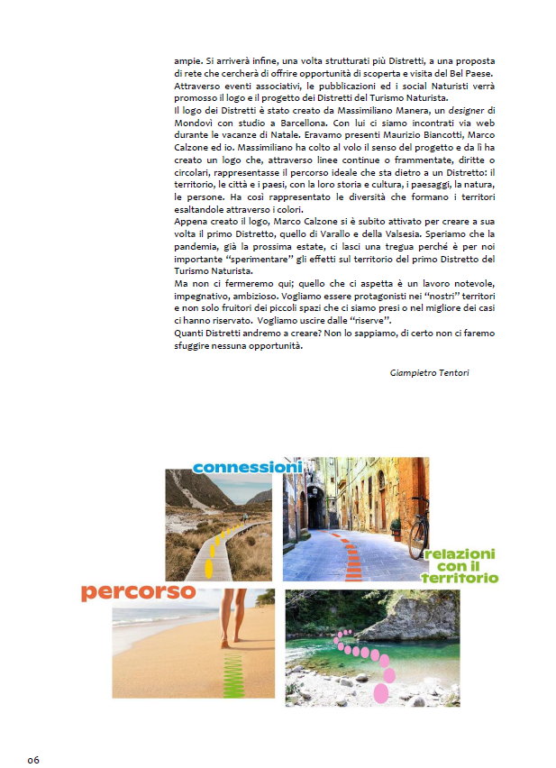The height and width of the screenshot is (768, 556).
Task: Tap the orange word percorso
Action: click(138, 592)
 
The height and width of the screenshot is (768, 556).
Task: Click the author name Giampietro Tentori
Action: click(430, 372)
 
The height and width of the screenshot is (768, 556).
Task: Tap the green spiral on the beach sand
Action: click(232, 671)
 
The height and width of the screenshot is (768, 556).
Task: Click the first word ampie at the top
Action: click(187, 61)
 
